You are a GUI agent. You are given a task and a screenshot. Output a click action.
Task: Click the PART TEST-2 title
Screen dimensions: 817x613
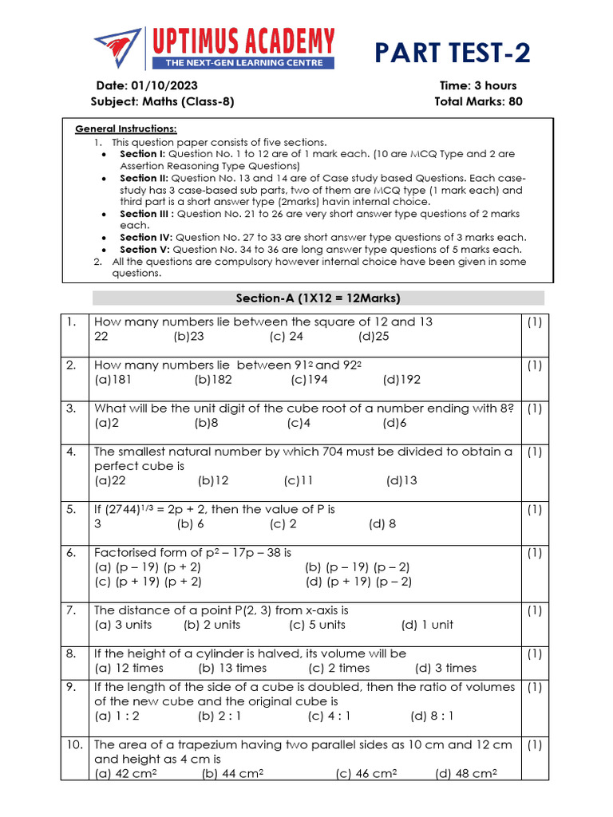(453, 54)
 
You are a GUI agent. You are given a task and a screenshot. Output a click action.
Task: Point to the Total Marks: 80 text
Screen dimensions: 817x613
(478, 101)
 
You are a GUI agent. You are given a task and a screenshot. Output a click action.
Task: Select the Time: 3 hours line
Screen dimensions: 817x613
(477, 85)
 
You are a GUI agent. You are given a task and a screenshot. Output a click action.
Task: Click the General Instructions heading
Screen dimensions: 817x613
(126, 129)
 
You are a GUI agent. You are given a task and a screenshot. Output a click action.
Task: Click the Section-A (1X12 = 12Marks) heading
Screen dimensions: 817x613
(318, 298)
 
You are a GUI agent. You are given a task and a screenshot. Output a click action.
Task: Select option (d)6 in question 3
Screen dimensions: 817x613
(394, 423)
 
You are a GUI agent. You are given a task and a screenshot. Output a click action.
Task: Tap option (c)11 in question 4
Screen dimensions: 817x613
(299, 480)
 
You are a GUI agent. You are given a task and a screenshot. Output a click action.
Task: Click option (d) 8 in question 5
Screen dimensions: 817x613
(382, 524)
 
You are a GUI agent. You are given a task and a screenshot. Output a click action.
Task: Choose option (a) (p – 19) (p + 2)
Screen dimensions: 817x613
(148, 567)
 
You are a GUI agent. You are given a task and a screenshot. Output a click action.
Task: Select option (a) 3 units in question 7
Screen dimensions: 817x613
(123, 625)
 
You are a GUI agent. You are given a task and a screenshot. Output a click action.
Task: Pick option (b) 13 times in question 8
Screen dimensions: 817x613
(232, 668)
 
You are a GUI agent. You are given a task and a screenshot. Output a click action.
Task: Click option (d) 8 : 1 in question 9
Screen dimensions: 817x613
(432, 716)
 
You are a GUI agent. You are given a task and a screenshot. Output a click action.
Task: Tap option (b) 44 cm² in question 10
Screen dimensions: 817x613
(233, 774)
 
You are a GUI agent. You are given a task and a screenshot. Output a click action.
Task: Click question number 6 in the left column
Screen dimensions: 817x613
(71, 552)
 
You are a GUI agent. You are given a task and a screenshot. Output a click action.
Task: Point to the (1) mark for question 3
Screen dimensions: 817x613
(534, 408)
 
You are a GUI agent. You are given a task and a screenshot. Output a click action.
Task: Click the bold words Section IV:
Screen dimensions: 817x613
(146, 237)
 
